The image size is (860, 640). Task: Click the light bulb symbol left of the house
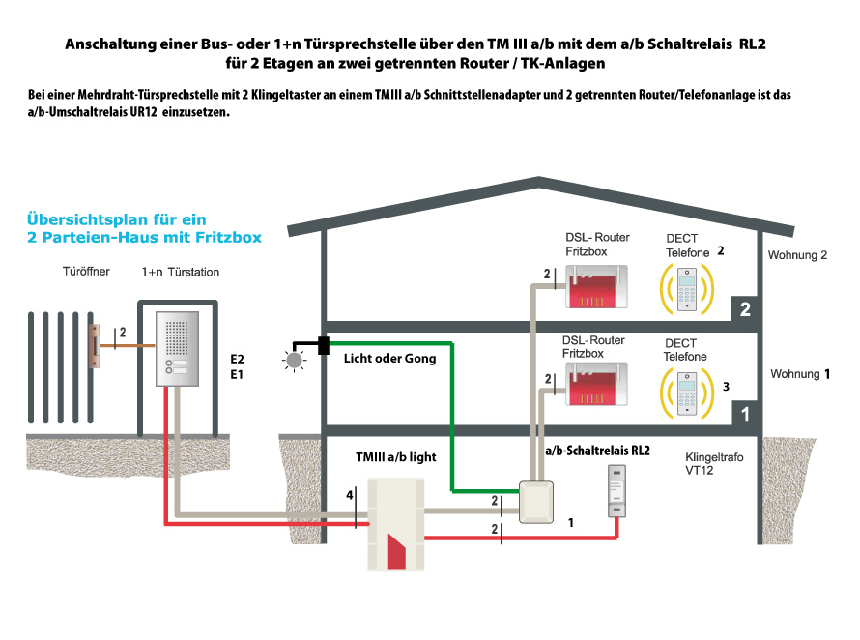(x=293, y=359)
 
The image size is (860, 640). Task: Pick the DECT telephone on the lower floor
(x=689, y=389)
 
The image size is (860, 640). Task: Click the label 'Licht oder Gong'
(x=389, y=359)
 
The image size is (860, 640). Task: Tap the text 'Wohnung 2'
(x=798, y=256)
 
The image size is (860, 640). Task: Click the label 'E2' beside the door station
(x=237, y=357)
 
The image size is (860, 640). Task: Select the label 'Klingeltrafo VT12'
(x=714, y=462)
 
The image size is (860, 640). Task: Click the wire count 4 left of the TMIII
(x=350, y=496)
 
